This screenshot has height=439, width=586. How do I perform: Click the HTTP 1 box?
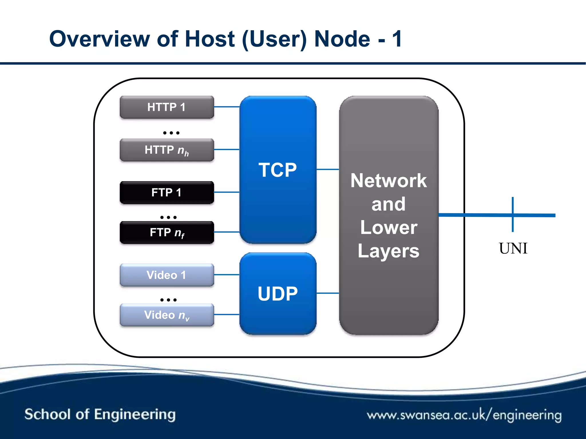pos(167,107)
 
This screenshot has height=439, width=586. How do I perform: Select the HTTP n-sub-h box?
pos(167,150)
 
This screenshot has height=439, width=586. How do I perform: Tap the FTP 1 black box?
pos(167,192)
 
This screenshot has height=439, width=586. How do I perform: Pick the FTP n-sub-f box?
pos(167,232)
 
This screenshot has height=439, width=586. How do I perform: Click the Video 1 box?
pos(167,275)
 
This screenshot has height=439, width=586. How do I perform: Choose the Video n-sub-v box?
pos(167,315)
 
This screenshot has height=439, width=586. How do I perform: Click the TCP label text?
pos(278,170)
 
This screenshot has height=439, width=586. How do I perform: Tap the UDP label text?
pos(278,294)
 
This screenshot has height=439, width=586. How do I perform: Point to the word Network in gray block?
pos(389,181)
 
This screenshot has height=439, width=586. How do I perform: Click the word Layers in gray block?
pos(389,251)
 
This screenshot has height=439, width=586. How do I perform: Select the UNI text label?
pos(513,248)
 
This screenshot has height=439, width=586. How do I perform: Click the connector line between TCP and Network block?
pos(328,169)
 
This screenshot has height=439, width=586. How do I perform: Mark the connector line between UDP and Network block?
pos(328,293)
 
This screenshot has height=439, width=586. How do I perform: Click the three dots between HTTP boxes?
pos(171,133)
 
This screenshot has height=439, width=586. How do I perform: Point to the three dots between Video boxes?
pos(169,300)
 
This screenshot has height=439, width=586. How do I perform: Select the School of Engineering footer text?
pos(100,414)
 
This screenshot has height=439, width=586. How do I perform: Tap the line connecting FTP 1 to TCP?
pos(227,192)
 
